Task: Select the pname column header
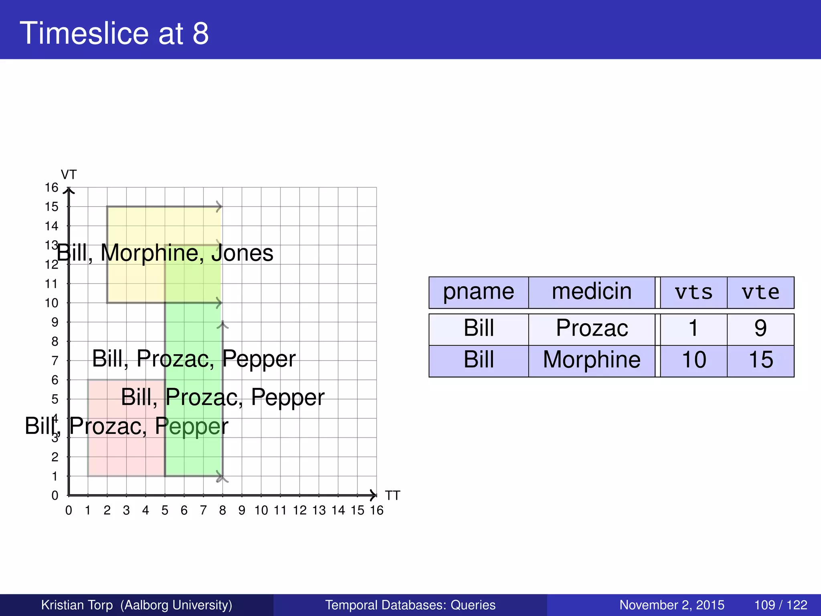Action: (x=478, y=292)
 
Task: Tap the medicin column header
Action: (x=591, y=292)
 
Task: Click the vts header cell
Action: (x=694, y=293)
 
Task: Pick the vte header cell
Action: (x=760, y=293)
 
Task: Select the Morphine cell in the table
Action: (x=592, y=360)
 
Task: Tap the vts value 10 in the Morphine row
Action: (x=694, y=360)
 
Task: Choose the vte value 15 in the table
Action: (x=760, y=360)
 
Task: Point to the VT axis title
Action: (x=69, y=175)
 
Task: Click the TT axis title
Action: (x=392, y=496)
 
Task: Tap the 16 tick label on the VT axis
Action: (x=51, y=188)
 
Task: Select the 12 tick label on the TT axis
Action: (x=299, y=511)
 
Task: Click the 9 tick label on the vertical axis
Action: (x=55, y=322)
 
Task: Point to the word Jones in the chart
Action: (x=243, y=253)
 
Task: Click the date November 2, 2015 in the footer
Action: (x=672, y=605)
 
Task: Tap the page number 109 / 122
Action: (x=781, y=605)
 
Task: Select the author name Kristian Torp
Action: (x=77, y=605)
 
